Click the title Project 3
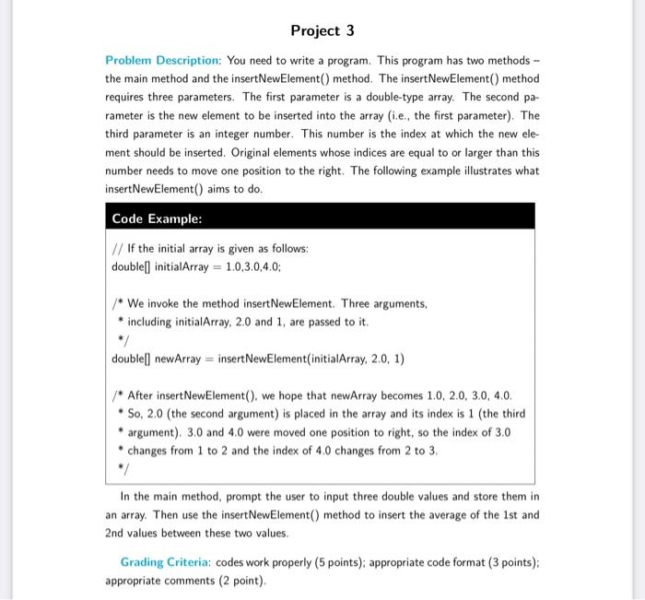click(x=322, y=30)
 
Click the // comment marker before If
click(x=116, y=249)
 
